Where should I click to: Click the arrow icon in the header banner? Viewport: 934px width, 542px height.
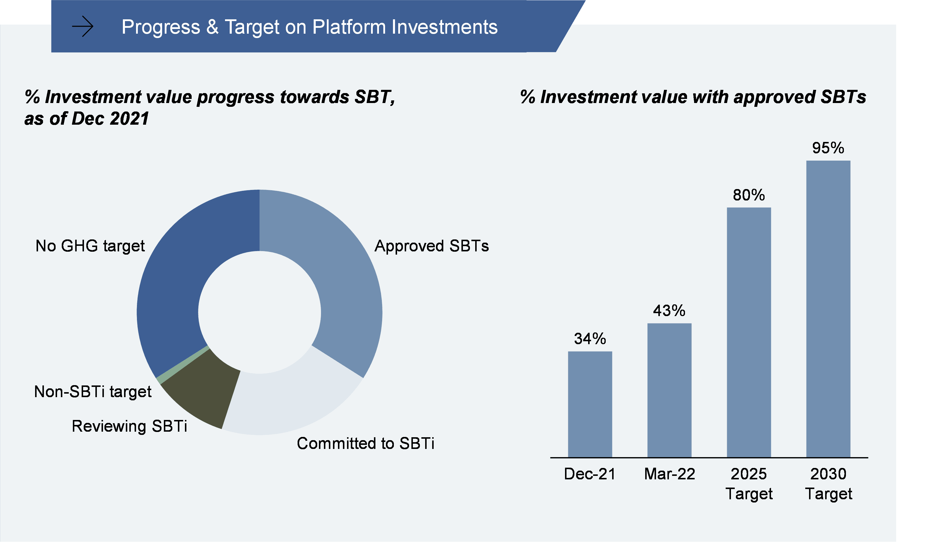tap(82, 27)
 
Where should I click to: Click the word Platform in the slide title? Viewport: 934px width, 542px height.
tap(349, 27)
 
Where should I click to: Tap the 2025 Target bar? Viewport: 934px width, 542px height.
tap(749, 332)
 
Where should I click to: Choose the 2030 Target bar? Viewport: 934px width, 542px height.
tap(828, 308)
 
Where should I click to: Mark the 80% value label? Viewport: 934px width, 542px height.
tap(749, 195)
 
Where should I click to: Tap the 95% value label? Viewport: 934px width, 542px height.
tap(828, 148)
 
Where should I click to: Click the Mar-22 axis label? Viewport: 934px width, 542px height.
tap(669, 474)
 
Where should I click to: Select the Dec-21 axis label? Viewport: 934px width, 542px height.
tap(590, 474)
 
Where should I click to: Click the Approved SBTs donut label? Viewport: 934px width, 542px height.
tap(431, 246)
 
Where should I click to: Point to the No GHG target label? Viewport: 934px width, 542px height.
tap(90, 246)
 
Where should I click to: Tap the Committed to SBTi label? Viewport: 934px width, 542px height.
tap(365, 443)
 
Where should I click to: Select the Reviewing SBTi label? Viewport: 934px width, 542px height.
tap(129, 426)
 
